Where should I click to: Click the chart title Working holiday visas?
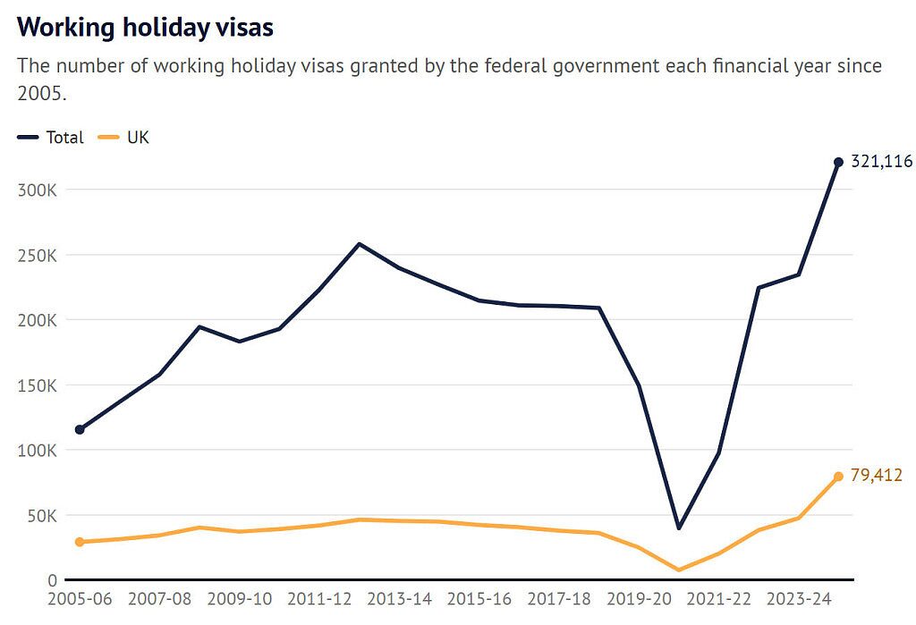[145, 27]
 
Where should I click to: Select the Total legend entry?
[64, 138]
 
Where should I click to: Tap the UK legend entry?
[138, 138]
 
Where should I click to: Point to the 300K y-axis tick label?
[37, 190]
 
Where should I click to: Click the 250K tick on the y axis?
[37, 255]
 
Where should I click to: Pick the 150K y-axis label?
[37, 385]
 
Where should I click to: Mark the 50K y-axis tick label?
[41, 516]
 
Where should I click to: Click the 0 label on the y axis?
[53, 580]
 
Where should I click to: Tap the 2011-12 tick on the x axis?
[319, 599]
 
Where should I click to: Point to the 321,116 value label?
[881, 162]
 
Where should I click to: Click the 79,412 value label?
[876, 476]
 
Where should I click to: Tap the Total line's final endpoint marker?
[838, 162]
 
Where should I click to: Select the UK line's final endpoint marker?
[838, 477]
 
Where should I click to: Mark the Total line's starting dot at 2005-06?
[80, 429]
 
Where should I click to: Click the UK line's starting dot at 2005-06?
[80, 542]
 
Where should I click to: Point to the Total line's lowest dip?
[679, 528]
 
